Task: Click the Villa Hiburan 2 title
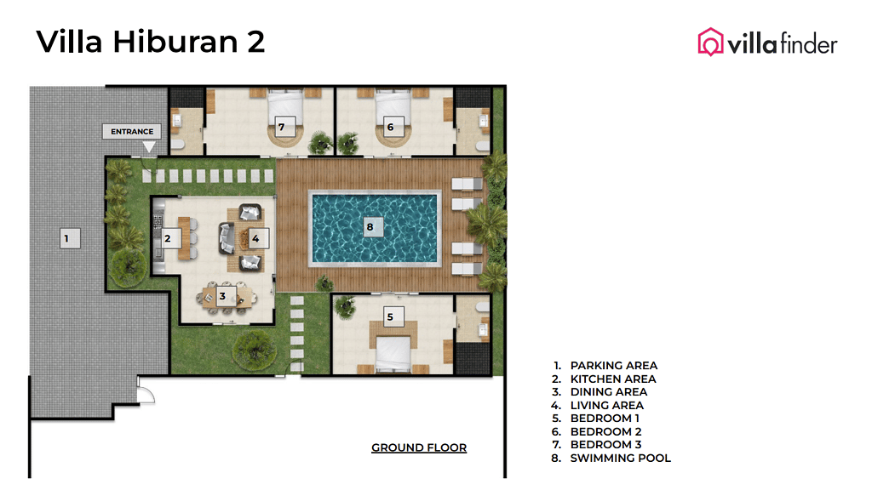151,41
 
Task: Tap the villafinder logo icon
709,42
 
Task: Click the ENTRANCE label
132,132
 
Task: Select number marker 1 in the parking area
66,238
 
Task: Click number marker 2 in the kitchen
168,239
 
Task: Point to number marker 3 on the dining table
222,296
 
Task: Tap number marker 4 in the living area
255,238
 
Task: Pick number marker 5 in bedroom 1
390,316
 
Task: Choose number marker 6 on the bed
390,127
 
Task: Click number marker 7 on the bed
280,127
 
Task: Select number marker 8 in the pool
370,227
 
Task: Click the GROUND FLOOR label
419,447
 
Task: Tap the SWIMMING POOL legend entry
620,458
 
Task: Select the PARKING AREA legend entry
613,366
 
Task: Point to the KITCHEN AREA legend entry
612,379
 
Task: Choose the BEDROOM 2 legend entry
605,431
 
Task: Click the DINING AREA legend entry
608,392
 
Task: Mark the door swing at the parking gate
146,395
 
